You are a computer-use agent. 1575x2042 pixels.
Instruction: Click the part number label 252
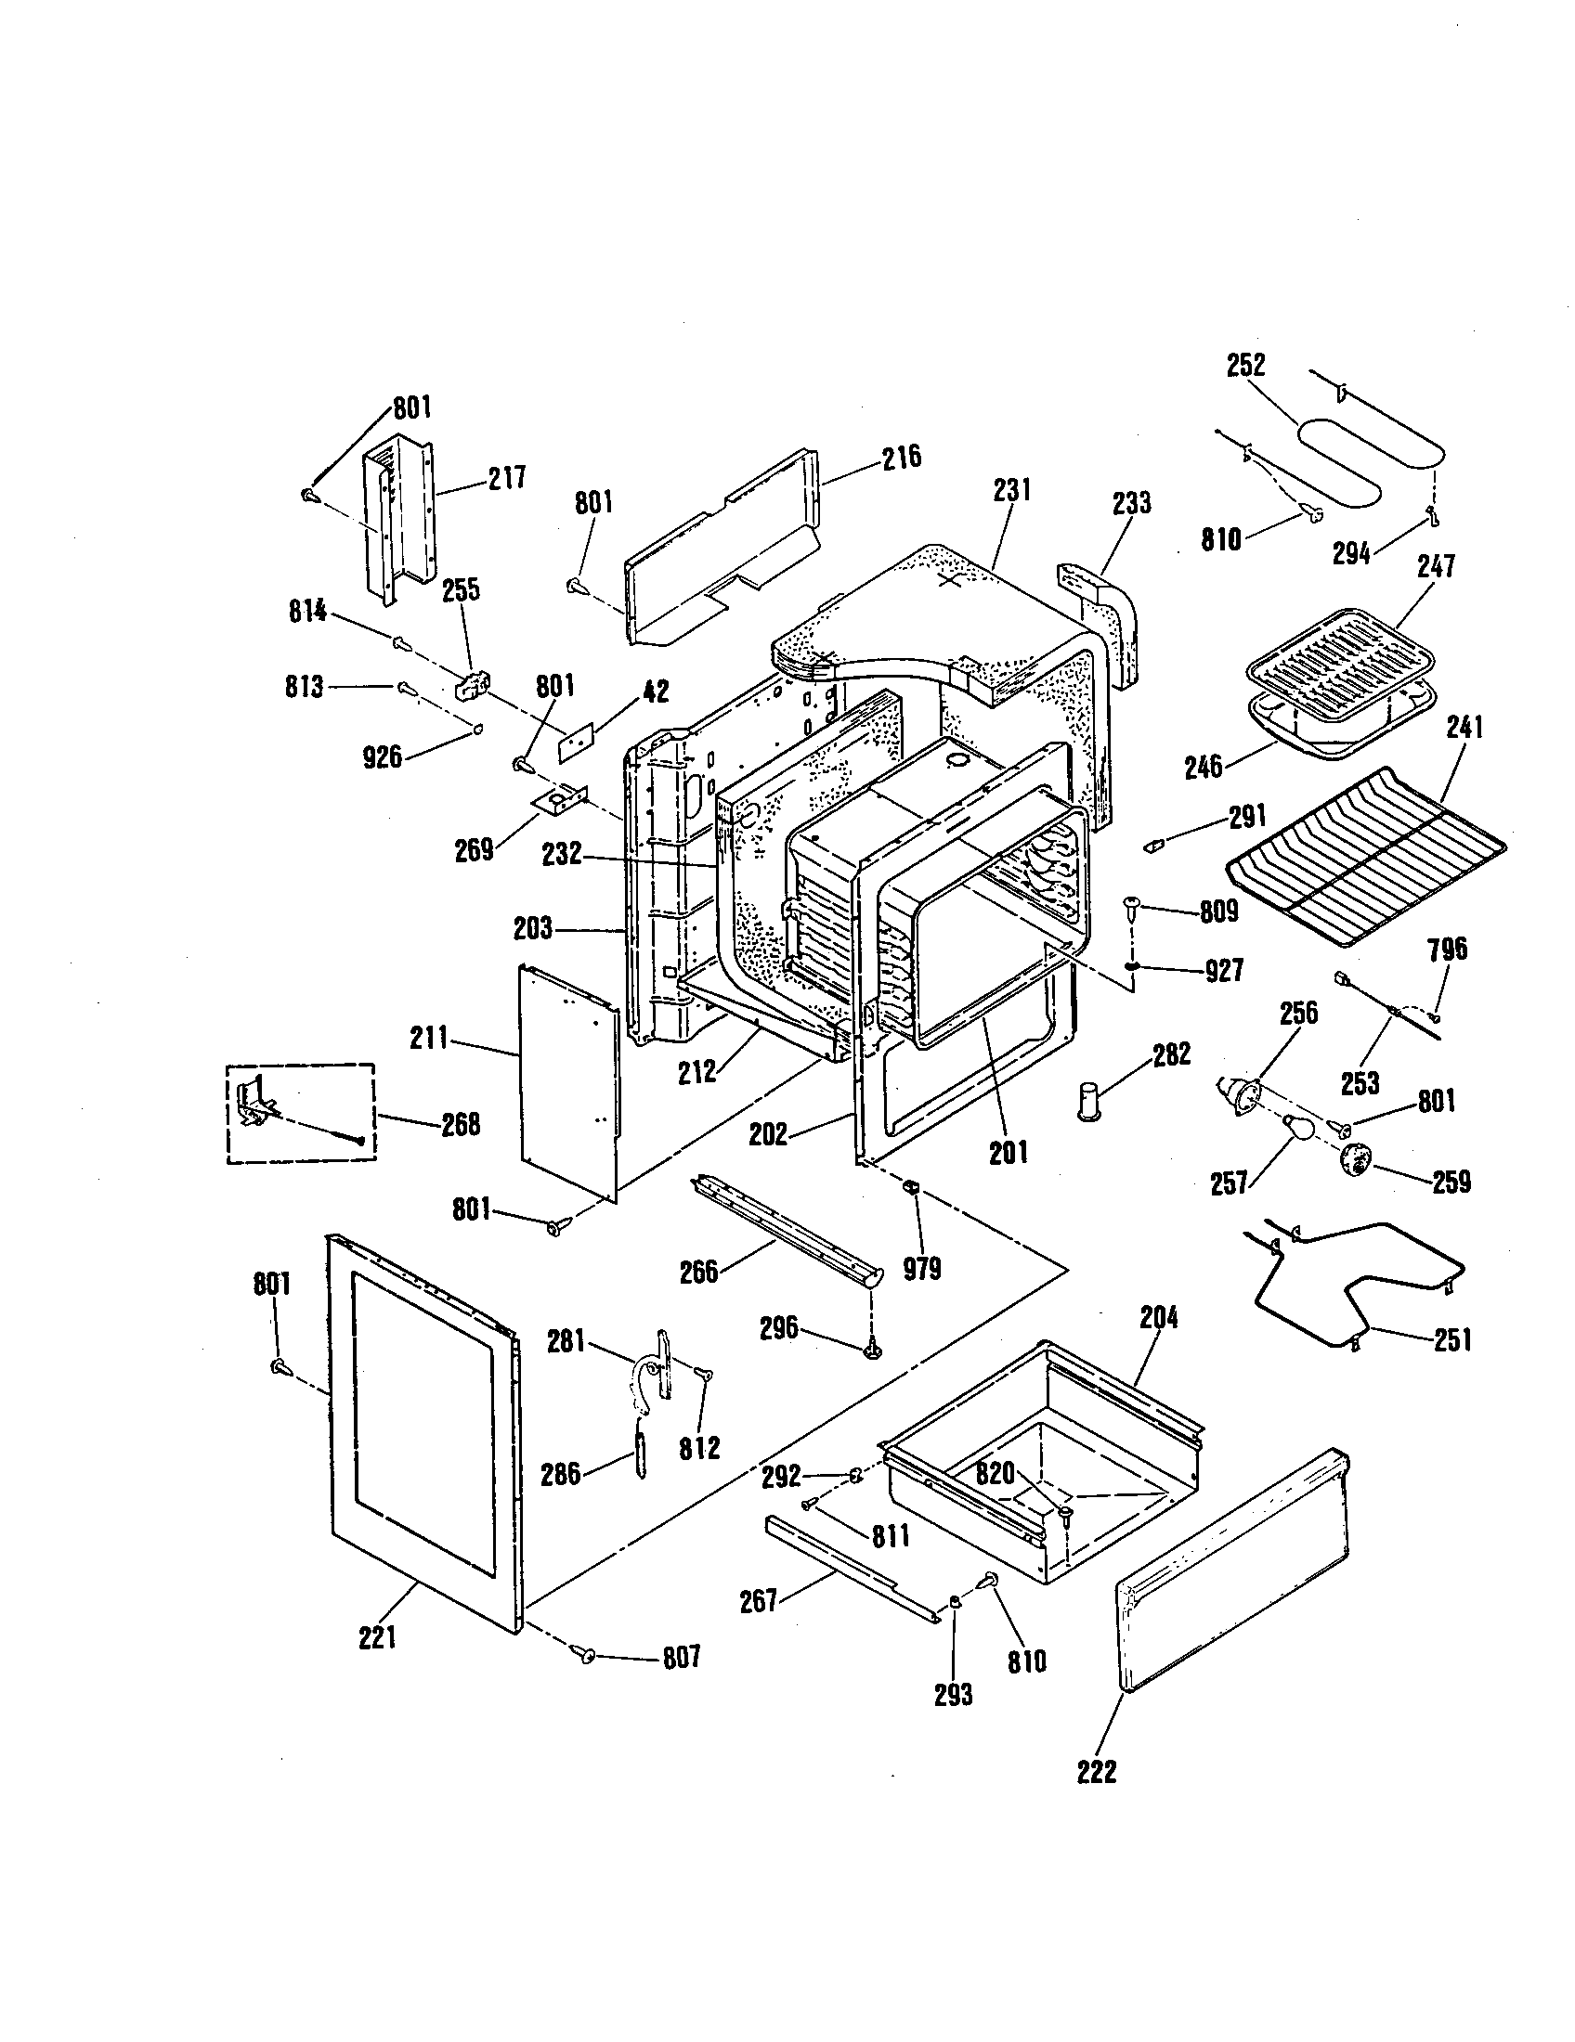pyautogui.click(x=1245, y=365)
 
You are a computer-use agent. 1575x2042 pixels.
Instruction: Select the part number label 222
pyautogui.click(x=1096, y=1772)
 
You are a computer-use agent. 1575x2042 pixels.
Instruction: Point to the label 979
pyautogui.click(x=921, y=1269)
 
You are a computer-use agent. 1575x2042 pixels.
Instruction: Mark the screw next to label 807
pyautogui.click(x=588, y=1655)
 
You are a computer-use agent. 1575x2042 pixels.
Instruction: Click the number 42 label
pyautogui.click(x=655, y=691)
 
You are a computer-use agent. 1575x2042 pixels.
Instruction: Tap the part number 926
pyautogui.click(x=382, y=756)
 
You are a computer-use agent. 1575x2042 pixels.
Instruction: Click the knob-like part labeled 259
pyautogui.click(x=1356, y=1162)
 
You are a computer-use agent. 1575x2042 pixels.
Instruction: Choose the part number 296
pyautogui.click(x=778, y=1327)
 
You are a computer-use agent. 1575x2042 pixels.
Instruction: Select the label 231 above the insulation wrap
pyautogui.click(x=1012, y=489)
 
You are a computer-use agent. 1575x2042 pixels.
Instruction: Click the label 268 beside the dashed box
pyautogui.click(x=461, y=1124)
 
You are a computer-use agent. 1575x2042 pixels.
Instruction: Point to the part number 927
pyautogui.click(x=1223, y=972)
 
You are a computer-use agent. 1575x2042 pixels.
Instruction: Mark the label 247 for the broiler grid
pyautogui.click(x=1435, y=565)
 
